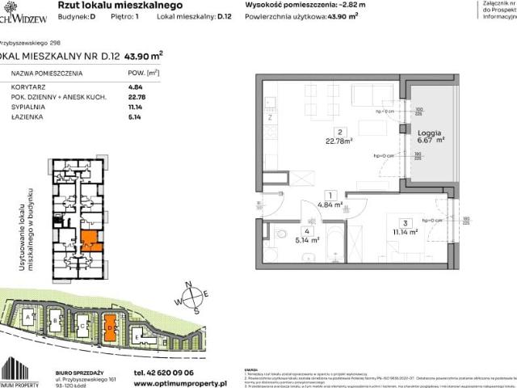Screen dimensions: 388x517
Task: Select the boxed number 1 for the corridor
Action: point(329,195)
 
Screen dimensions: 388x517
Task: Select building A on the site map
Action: point(30,317)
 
